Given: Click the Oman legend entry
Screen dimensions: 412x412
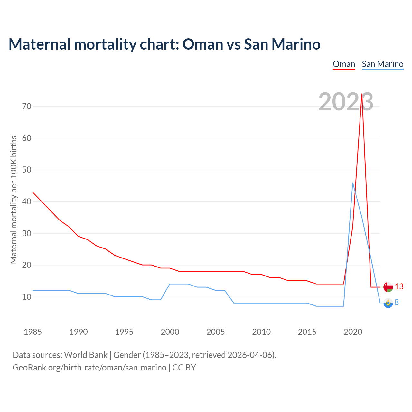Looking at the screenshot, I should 344,64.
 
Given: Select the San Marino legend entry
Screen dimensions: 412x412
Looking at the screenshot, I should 382,64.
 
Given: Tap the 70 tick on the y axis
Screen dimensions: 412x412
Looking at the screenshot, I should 27,106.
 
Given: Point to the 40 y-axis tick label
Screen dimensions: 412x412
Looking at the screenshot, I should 27,201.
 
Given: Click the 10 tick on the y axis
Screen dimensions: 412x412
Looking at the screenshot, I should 27,297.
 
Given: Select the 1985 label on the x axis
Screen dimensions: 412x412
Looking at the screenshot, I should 33,332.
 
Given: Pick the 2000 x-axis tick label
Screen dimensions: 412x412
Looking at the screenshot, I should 170,332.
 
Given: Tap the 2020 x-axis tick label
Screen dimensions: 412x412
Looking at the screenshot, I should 353,332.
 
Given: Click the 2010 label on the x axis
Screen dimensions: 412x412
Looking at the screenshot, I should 261,332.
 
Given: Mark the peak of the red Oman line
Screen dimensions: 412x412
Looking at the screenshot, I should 362,94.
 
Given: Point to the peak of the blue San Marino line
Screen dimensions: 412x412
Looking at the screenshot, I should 353,183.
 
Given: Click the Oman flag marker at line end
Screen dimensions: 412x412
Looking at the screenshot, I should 388,287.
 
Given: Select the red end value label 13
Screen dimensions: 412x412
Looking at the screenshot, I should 399,286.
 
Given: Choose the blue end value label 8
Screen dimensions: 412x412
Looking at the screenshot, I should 397,302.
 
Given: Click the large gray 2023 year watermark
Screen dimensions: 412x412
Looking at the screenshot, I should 346,102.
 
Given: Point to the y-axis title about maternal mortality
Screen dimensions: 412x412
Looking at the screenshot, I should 14,200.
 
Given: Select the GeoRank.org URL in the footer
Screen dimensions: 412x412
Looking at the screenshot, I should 89,368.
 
